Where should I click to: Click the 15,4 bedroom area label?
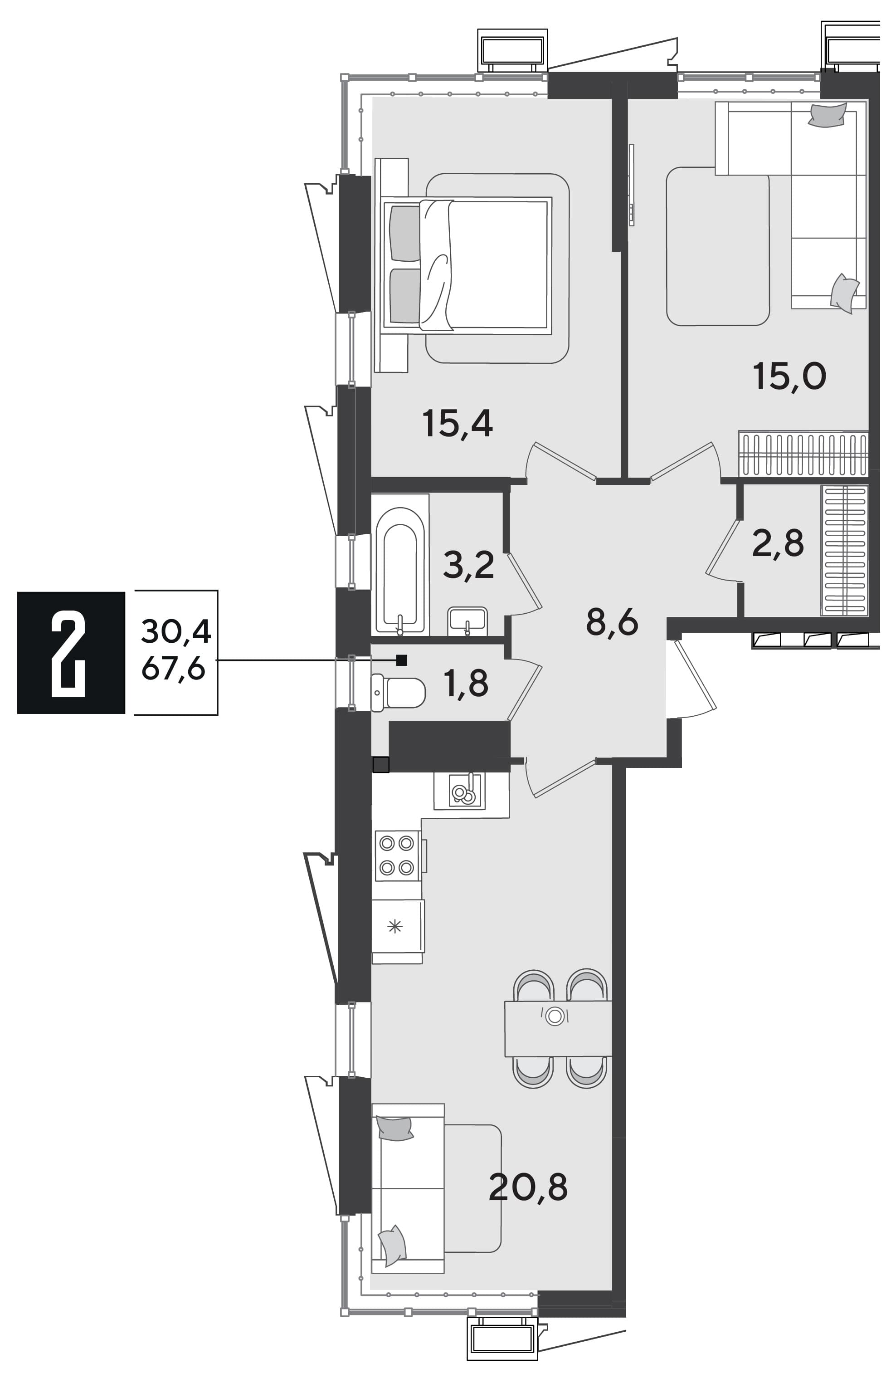click(x=458, y=424)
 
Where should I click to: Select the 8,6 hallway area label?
click(x=612, y=623)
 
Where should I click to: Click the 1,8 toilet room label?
click(x=466, y=684)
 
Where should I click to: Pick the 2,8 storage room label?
click(x=778, y=543)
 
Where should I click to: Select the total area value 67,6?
click(x=174, y=670)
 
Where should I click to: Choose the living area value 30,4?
click(x=176, y=631)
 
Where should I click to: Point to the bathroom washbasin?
click(x=467, y=621)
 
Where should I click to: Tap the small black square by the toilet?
click(x=402, y=660)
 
